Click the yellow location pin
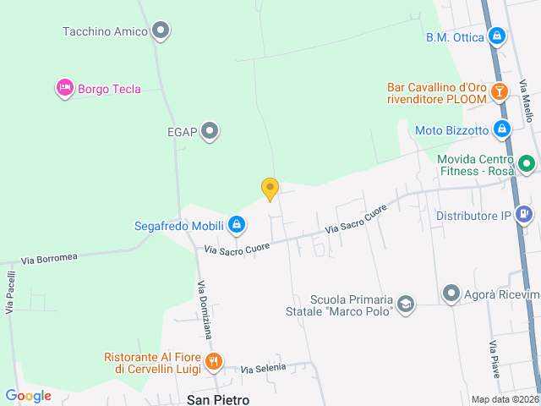[270, 189]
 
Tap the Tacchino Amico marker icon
[161, 32]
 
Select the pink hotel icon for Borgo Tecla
[64, 88]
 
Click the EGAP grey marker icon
[210, 131]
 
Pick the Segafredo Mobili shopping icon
[237, 225]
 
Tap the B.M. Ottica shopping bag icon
[498, 36]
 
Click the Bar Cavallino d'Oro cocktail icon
[500, 92]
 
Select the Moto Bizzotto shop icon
[502, 130]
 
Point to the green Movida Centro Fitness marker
[526, 163]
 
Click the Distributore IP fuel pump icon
[524, 215]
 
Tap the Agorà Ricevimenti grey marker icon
[451, 294]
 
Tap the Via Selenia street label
[263, 369]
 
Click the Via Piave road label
[492, 359]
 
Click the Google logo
[28, 395]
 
